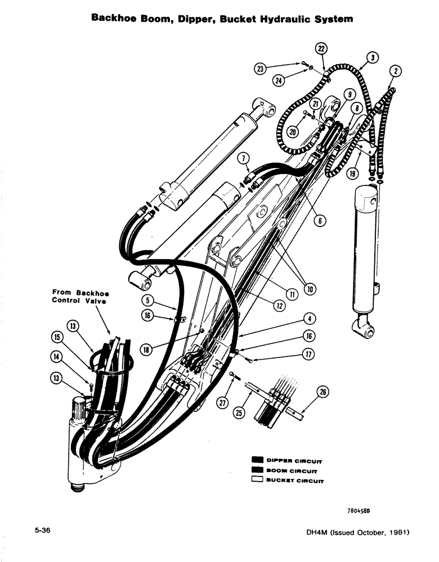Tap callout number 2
(396, 71)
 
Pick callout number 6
(320, 221)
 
